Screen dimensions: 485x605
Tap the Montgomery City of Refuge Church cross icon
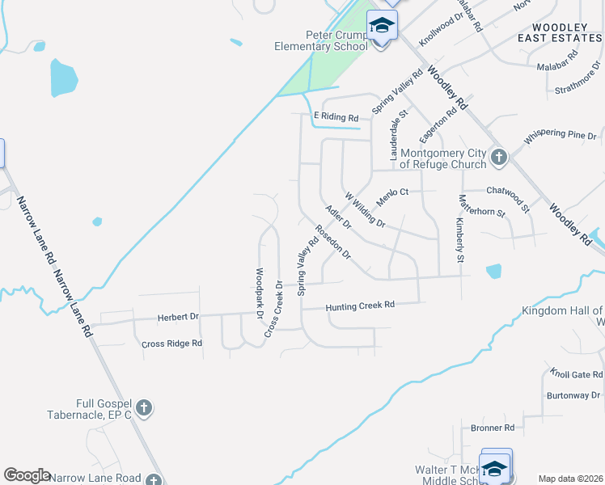(x=499, y=156)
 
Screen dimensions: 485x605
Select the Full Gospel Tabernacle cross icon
(x=144, y=407)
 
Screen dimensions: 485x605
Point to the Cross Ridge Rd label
(x=171, y=344)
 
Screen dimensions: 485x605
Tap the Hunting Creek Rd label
(x=360, y=306)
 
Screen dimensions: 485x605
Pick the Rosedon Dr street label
(x=333, y=242)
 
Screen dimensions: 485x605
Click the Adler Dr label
(x=337, y=217)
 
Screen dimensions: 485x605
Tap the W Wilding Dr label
(x=365, y=209)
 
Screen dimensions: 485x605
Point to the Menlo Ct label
(x=393, y=192)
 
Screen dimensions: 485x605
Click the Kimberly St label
(x=459, y=240)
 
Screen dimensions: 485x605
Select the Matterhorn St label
(x=481, y=207)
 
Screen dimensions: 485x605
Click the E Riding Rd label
(x=336, y=117)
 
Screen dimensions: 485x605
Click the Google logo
(x=27, y=475)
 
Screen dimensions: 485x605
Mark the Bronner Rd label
(x=492, y=427)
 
